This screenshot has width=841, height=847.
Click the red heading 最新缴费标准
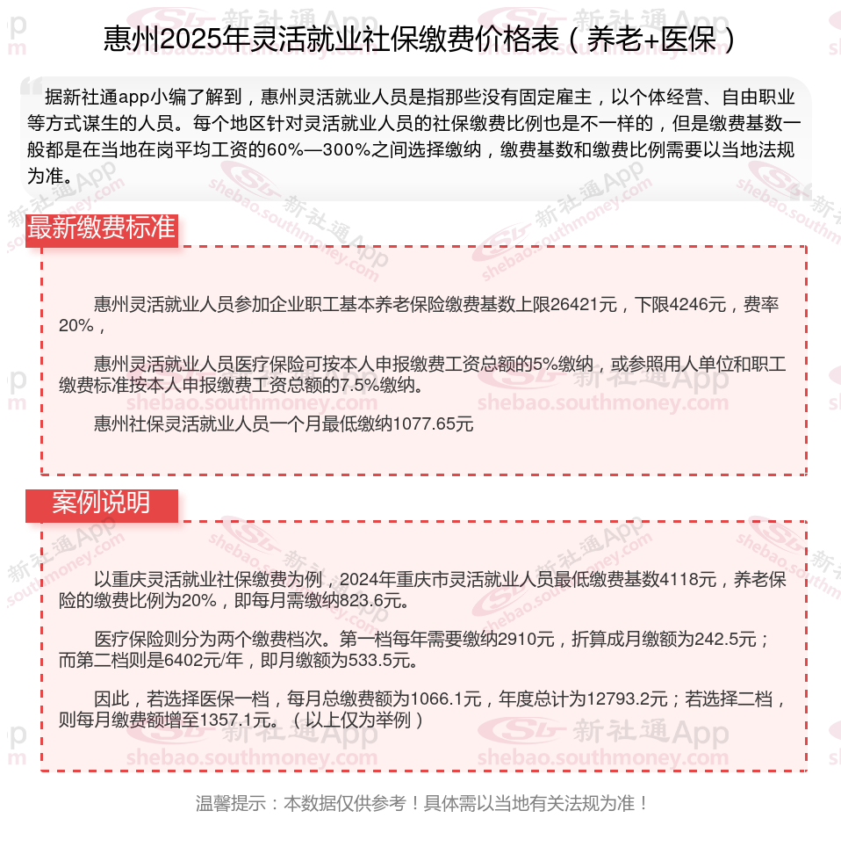pos(102,228)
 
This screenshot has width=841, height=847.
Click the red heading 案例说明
pos(101,503)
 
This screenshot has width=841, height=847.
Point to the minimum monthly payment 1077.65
pos(434,424)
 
